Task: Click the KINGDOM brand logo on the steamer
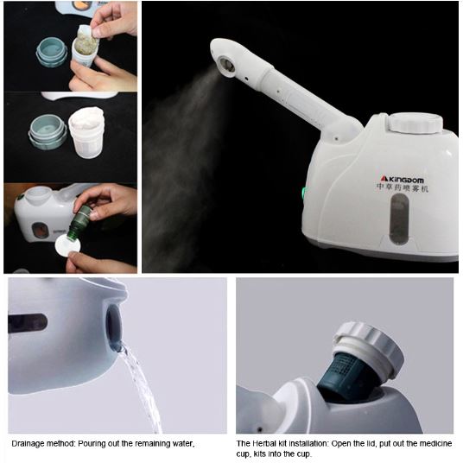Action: click(402, 179)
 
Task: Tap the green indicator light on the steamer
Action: click(304, 193)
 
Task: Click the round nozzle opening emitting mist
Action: click(227, 65)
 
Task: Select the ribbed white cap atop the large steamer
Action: click(416, 123)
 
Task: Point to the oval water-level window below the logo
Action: click(399, 219)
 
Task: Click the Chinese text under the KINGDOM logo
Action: click(402, 188)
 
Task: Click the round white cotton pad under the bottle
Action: click(67, 244)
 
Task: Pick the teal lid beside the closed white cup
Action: click(48, 131)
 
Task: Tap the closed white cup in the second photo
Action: click(86, 132)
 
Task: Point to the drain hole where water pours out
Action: click(115, 327)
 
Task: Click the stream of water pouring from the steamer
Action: click(142, 387)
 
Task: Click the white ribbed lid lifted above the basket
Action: click(369, 348)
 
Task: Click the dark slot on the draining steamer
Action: click(27, 323)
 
